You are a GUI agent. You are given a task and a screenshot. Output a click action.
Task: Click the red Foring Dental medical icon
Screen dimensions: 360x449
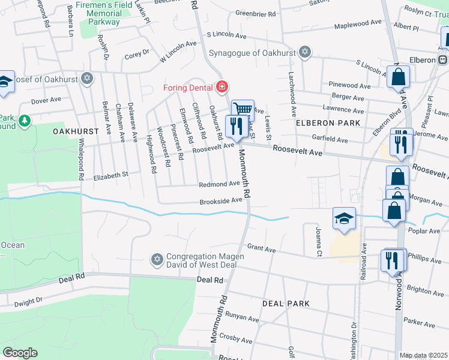[221, 88]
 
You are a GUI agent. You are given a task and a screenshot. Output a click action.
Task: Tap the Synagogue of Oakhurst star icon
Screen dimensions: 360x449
[304, 52]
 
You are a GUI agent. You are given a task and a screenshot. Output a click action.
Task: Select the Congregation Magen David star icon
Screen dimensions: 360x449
[157, 259]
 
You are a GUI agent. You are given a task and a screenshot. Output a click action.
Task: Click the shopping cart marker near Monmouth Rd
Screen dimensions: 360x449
[243, 109]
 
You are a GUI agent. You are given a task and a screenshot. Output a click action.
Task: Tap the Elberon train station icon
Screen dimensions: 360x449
[442, 59]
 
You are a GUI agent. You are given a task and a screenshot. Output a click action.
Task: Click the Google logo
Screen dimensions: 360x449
[20, 353]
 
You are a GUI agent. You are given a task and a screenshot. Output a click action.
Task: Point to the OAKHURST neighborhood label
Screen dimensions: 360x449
[75, 131]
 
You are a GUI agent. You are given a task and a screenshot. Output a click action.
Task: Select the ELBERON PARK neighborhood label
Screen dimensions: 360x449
[328, 123]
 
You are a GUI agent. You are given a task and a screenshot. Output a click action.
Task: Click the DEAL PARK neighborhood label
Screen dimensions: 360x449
[286, 304]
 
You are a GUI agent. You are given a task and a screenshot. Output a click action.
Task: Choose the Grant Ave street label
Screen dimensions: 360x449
[261, 247]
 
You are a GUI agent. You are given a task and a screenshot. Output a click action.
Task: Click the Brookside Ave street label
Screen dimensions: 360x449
[221, 201]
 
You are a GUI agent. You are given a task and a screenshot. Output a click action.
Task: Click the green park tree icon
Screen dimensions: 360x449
[24, 122]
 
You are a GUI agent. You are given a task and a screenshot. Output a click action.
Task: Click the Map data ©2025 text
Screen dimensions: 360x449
[423, 355]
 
